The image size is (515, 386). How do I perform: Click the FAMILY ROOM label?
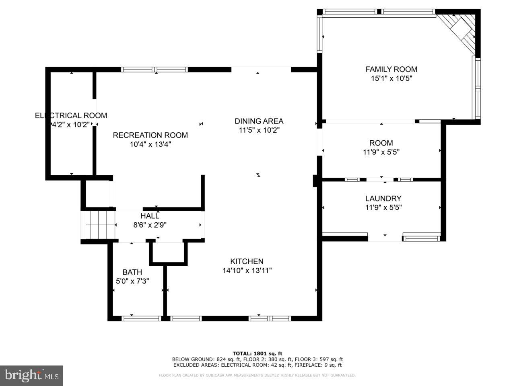[x=391, y=69]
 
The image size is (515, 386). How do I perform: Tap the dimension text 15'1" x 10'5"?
[x=391, y=79]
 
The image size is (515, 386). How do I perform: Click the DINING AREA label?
[x=259, y=121]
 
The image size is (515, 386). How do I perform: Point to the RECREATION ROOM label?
[x=150, y=136]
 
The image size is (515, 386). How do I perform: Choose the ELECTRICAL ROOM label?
[x=71, y=116]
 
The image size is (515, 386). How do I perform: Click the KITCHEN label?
[x=247, y=261]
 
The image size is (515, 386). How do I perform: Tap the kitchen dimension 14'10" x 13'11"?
[x=247, y=271]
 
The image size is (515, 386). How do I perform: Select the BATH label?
[x=132, y=272]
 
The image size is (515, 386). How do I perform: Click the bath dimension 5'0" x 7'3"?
[x=132, y=281]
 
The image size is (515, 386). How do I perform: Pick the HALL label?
[x=150, y=216]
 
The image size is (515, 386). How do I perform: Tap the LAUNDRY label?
[x=383, y=198]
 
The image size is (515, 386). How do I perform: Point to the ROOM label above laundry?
[x=381, y=143]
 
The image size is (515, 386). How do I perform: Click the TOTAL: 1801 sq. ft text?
[x=257, y=353]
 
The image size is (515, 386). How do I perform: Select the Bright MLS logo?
[x=31, y=376]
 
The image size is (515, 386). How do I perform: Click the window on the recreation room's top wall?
[x=154, y=70]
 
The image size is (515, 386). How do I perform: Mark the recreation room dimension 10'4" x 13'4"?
[x=150, y=145]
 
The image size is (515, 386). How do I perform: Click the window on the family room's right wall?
[x=478, y=88]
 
